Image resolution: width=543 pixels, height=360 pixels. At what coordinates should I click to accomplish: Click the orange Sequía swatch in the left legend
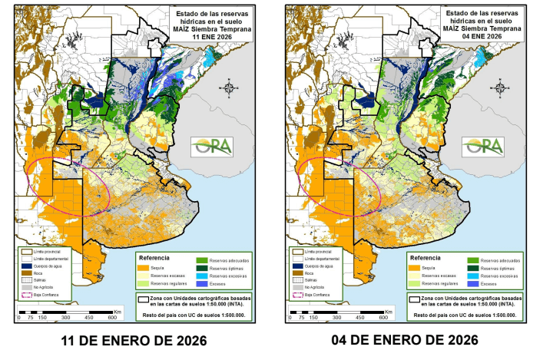click(143, 267)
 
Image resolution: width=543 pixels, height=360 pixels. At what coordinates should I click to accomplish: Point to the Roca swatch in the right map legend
click(294, 272)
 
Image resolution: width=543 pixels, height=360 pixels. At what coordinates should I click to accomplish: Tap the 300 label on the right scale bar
click(337, 317)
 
